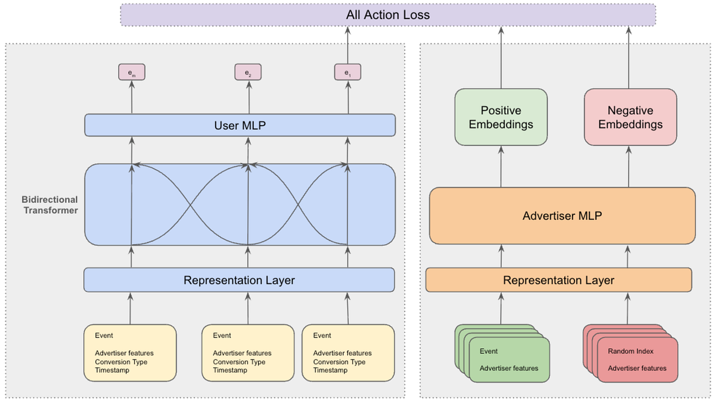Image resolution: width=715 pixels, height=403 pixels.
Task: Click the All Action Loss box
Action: point(388,14)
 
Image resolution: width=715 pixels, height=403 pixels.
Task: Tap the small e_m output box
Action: point(131,73)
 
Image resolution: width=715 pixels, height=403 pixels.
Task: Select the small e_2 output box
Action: point(247,73)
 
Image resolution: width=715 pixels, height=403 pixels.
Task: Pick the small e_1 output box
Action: point(348,73)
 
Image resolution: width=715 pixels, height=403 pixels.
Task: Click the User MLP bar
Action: point(240,125)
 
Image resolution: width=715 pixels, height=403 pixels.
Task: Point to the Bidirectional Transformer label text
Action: point(50,205)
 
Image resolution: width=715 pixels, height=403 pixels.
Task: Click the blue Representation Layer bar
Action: point(239,280)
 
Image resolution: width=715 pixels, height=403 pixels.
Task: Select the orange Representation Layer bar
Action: point(558,280)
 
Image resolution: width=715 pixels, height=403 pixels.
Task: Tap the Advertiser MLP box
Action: point(562,216)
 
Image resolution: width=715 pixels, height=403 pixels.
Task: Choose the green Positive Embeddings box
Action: point(500,117)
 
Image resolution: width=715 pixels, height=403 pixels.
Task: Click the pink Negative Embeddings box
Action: point(630,117)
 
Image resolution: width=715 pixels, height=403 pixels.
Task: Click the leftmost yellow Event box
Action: point(130,352)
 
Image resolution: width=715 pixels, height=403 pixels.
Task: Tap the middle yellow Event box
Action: point(247,352)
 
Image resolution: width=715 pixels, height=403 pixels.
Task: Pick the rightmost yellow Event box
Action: point(348,352)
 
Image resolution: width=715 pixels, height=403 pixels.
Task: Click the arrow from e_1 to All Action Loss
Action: point(348,45)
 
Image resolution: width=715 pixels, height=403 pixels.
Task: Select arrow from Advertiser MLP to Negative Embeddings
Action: point(630,167)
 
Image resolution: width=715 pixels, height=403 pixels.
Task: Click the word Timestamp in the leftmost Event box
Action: point(112,370)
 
